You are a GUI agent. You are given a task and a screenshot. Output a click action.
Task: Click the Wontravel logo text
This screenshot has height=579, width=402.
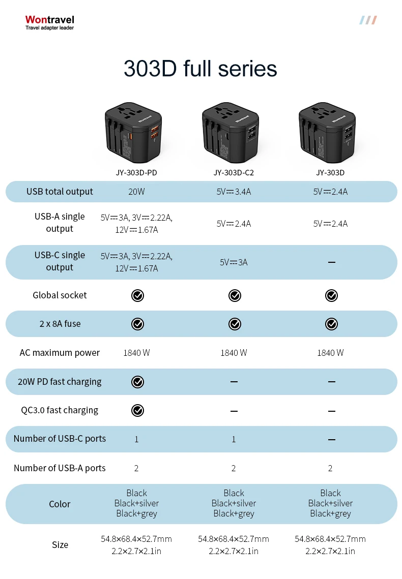[49, 19]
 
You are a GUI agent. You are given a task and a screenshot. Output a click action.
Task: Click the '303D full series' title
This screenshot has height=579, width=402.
[200, 69]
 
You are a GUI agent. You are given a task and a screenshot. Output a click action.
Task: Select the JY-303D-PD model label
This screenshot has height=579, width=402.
[136, 172]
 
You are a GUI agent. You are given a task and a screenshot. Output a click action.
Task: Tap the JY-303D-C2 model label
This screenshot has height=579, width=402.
[234, 172]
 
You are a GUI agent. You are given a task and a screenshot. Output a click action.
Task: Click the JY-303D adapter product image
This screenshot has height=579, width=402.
[327, 133]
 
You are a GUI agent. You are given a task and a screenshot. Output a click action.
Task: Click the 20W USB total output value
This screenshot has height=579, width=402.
[136, 192]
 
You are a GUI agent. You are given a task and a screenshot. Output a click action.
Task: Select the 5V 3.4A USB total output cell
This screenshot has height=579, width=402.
[234, 192]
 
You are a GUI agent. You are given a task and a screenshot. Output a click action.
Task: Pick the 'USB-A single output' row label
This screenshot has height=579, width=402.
[60, 222]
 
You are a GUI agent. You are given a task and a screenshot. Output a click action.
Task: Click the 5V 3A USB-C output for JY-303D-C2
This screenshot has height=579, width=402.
[234, 262]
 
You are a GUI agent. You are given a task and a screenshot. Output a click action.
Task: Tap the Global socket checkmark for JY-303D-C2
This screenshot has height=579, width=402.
[235, 295]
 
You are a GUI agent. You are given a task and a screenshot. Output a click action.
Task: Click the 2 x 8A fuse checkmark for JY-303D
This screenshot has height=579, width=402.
[331, 324]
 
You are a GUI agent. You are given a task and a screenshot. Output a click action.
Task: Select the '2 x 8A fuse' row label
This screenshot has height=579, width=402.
[60, 324]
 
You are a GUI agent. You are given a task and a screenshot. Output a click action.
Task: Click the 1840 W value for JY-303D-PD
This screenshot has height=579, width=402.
[136, 353]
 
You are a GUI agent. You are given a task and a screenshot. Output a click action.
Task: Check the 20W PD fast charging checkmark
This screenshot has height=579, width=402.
[137, 382]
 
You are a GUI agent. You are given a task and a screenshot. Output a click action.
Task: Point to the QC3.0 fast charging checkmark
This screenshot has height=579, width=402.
[137, 410]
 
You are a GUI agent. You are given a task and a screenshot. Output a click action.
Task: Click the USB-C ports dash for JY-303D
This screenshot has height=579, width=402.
[331, 439]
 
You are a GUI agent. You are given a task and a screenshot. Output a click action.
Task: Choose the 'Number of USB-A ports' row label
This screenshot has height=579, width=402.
[60, 468]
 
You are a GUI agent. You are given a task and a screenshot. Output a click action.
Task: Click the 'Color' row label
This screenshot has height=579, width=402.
[60, 504]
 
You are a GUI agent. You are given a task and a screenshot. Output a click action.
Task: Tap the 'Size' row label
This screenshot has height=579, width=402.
[60, 544]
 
